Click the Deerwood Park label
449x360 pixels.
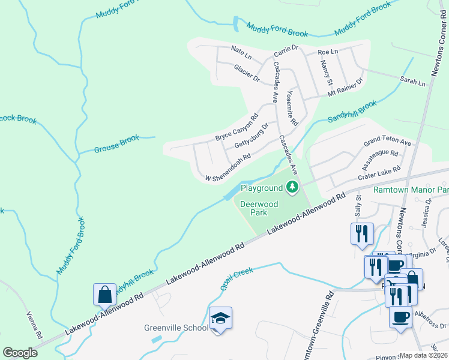point(259,208)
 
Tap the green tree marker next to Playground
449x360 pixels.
point(292,188)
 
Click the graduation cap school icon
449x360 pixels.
point(220,318)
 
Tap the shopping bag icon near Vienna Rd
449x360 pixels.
point(104,295)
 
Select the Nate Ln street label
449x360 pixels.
point(241,52)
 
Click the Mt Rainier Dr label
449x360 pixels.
point(345,88)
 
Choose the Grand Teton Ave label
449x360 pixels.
point(387,142)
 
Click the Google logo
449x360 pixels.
point(20,353)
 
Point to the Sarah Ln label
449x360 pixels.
point(412,80)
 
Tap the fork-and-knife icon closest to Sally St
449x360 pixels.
point(361,233)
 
